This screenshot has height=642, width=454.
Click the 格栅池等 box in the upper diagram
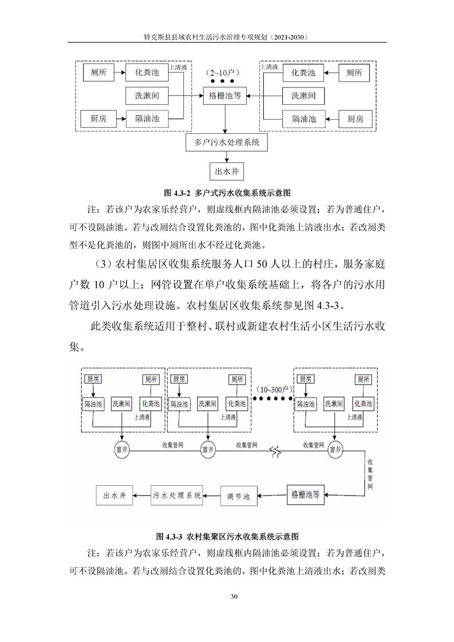coord(225,96)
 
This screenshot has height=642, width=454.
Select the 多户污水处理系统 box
coord(227,142)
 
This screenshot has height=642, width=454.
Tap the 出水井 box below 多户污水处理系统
coord(227,171)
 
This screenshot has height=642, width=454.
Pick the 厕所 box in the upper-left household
coord(98,73)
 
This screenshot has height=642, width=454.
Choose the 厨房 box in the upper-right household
coord(356,119)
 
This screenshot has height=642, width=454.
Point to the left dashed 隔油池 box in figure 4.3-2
coord(147,119)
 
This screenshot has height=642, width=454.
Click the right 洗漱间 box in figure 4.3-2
coord(303,96)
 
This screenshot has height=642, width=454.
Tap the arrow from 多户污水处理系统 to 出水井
coord(227,157)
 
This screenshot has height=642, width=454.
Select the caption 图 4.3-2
coord(227,193)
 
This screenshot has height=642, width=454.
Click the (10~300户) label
coord(273,389)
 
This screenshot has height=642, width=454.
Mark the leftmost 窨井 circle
coord(122,450)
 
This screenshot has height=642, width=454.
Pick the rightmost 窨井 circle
coord(335,450)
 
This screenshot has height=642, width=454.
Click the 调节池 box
coord(239,496)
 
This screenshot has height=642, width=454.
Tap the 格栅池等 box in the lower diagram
coord(305,494)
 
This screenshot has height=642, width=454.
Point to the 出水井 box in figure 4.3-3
coord(115,496)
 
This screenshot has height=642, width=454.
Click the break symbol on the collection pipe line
coord(275,451)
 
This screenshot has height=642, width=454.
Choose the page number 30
coord(234,596)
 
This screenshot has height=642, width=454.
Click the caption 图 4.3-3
coord(227,536)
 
